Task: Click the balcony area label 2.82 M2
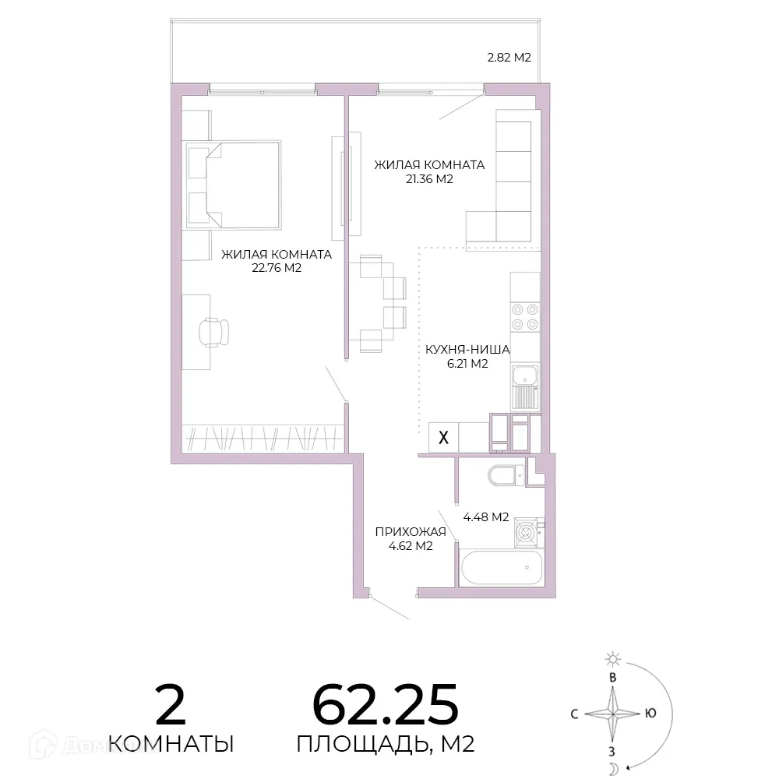coord(509,58)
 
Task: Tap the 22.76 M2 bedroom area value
coord(277,268)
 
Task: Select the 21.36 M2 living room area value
coord(430,179)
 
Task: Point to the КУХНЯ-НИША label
coord(467,350)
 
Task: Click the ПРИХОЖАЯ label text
coord(411,532)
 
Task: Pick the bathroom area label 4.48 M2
coord(486,517)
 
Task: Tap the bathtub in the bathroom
coord(502,568)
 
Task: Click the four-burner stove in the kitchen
coord(525,317)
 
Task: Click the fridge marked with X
coord(444,437)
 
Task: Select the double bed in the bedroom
coord(234,185)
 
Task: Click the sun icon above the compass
coord(613,659)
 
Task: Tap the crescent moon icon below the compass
coord(613,769)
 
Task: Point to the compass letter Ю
coord(650,714)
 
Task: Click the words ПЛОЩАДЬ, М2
coord(386,744)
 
